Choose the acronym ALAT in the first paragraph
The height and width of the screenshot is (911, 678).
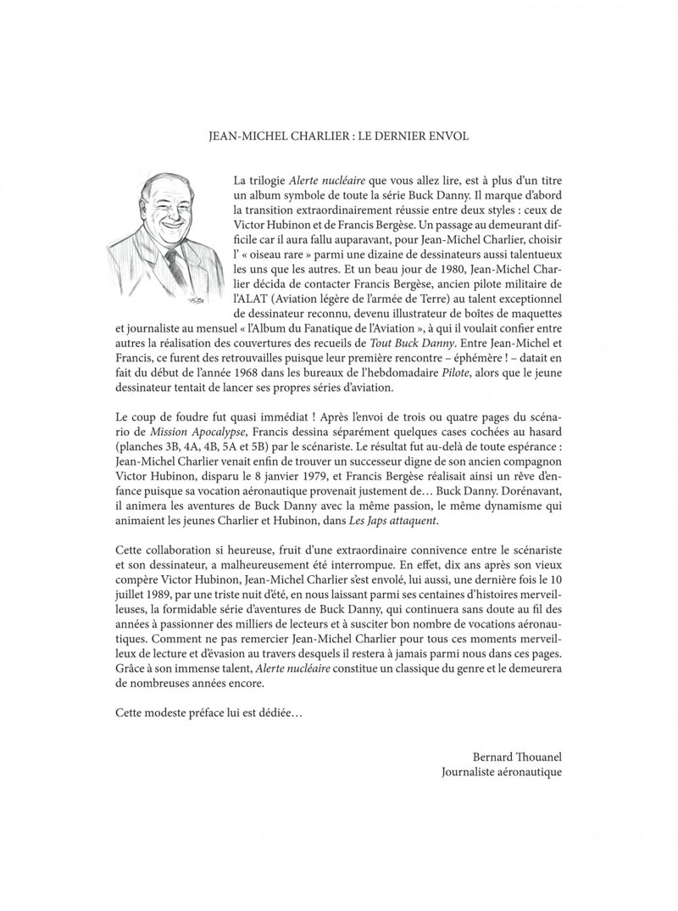245,306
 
